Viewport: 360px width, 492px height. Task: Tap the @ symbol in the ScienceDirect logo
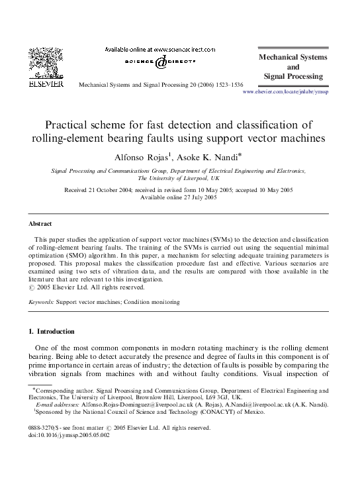pyautogui.click(x=161, y=63)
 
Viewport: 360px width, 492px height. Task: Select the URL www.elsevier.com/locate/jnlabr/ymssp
pyautogui.click(x=286, y=93)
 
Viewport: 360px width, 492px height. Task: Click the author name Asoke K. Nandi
pyautogui.click(x=201, y=156)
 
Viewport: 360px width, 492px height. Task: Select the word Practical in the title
pyautogui.click(x=67, y=124)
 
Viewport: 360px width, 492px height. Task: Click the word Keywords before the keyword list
pyautogui.click(x=41, y=302)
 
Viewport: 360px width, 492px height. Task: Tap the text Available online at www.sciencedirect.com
pyautogui.click(x=161, y=50)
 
